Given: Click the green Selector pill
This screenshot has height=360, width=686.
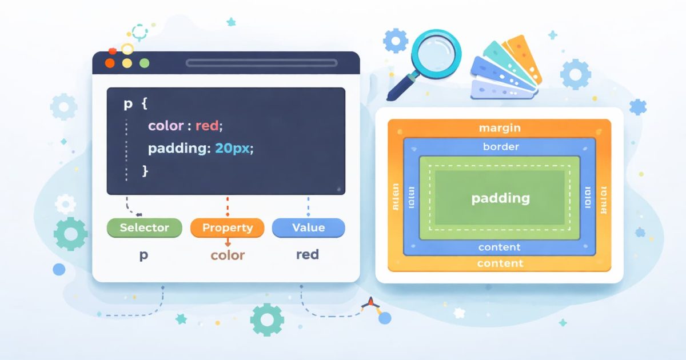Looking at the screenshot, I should pyautogui.click(x=144, y=227).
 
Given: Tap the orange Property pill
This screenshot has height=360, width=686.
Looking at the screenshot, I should pyautogui.click(x=227, y=227).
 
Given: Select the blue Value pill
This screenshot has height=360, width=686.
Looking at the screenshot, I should pyautogui.click(x=308, y=227).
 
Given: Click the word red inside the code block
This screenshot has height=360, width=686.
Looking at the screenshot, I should pyautogui.click(x=207, y=126).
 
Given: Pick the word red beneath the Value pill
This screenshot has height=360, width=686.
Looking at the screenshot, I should pyautogui.click(x=307, y=255).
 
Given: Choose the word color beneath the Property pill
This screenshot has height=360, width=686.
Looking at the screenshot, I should pyautogui.click(x=228, y=255).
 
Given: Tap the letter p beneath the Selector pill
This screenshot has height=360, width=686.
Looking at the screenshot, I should pyautogui.click(x=143, y=255).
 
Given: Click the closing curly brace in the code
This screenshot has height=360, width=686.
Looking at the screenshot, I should pyautogui.click(x=145, y=170).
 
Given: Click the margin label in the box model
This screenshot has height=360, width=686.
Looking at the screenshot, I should pyautogui.click(x=499, y=129).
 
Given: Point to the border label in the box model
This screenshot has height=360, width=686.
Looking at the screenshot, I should pyautogui.click(x=501, y=147).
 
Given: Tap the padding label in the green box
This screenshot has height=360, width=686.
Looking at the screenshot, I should pyautogui.click(x=500, y=198).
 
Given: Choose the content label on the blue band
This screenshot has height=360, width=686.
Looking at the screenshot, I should pyautogui.click(x=499, y=247).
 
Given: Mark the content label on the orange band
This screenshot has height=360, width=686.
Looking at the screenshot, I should pyautogui.click(x=500, y=263).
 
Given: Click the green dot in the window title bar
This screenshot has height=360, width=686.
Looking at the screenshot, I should pyautogui.click(x=144, y=63).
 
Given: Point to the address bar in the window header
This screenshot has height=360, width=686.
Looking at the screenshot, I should pyautogui.click(x=261, y=63).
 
